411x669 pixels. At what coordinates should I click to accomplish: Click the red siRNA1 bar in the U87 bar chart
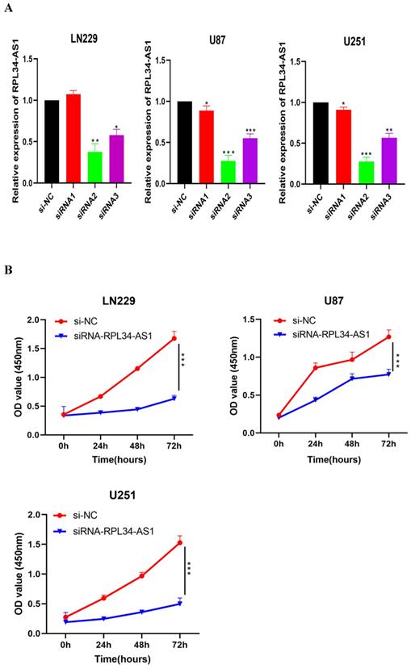pos(208,147)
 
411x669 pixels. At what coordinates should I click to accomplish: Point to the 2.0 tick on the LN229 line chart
pos(30,320)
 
